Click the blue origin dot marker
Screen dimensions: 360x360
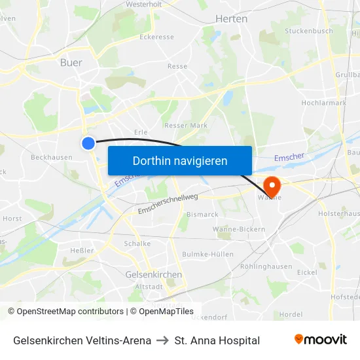pyautogui.click(x=88, y=143)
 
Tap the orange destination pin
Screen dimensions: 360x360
pyautogui.click(x=270, y=184)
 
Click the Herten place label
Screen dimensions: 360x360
pyautogui.click(x=231, y=19)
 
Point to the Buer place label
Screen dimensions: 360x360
pyautogui.click(x=71, y=63)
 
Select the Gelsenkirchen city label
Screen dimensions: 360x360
pyautogui.click(x=153, y=275)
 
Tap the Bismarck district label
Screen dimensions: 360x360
pyautogui.click(x=202, y=214)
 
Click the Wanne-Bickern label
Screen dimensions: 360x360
pyautogui.click(x=239, y=229)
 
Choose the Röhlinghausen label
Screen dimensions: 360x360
pyautogui.click(x=266, y=266)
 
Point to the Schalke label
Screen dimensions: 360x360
pyautogui.click(x=137, y=243)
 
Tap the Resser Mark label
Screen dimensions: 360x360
pyautogui.click(x=185, y=125)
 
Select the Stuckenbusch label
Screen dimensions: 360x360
pyautogui.click(x=309, y=31)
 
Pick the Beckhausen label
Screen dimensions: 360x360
pyautogui.click(x=52, y=157)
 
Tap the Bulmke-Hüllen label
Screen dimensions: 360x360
pyautogui.click(x=207, y=254)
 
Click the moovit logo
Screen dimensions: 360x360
pyautogui.click(x=320, y=340)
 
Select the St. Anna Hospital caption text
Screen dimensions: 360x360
pyautogui.click(x=217, y=340)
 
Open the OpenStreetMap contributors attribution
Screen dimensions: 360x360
pyautogui.click(x=65, y=312)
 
